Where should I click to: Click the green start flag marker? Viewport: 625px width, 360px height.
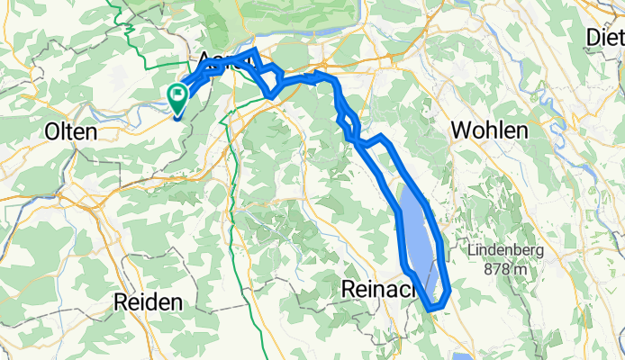tap(177, 94)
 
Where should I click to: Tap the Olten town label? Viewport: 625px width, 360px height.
tap(70, 131)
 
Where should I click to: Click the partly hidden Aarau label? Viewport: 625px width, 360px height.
tap(216, 59)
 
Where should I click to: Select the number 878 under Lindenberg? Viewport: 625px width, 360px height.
tap(494, 268)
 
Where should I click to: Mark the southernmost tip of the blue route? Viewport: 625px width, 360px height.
tap(433, 309)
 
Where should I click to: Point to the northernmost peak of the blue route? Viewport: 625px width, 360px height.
tap(257, 50)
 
